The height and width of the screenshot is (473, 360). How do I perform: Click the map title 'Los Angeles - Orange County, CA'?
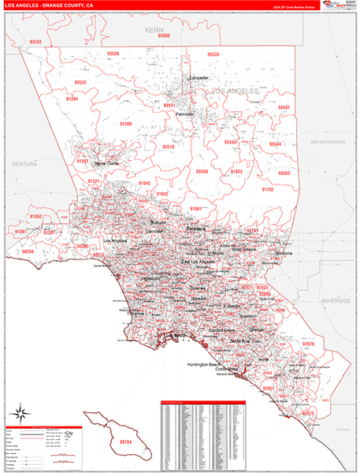48,5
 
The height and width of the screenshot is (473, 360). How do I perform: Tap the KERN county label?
154,28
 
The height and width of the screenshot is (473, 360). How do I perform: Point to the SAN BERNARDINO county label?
327,141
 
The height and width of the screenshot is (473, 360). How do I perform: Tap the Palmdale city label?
184,114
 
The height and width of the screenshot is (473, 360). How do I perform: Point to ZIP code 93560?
164,36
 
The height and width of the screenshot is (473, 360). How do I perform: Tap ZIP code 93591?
284,107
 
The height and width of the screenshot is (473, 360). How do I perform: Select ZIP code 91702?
267,190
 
